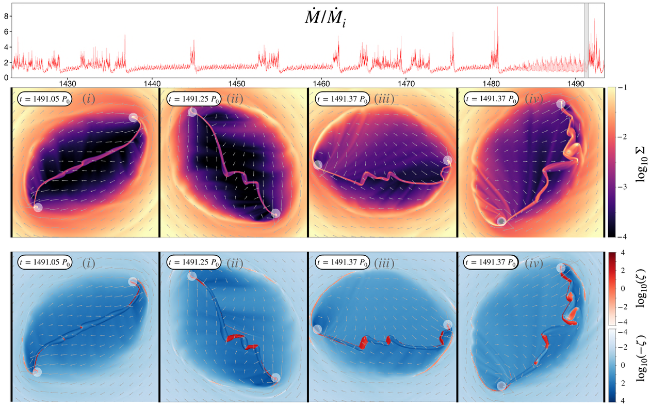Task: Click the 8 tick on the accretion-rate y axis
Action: (6, 16)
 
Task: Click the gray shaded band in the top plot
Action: (586, 40)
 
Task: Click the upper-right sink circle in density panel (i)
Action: (134, 117)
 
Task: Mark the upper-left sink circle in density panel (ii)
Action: (192, 112)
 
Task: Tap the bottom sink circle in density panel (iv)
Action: (501, 221)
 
